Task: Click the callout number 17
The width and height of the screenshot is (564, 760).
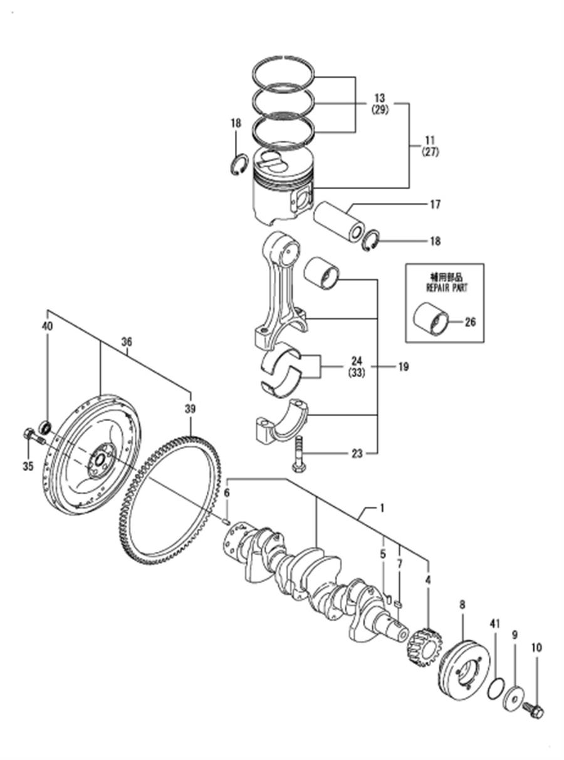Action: click(x=435, y=204)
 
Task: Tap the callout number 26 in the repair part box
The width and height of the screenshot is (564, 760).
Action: click(x=471, y=322)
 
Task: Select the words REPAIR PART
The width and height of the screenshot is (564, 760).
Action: click(x=447, y=288)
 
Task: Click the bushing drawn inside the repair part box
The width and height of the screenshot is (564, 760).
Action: click(x=431, y=319)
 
